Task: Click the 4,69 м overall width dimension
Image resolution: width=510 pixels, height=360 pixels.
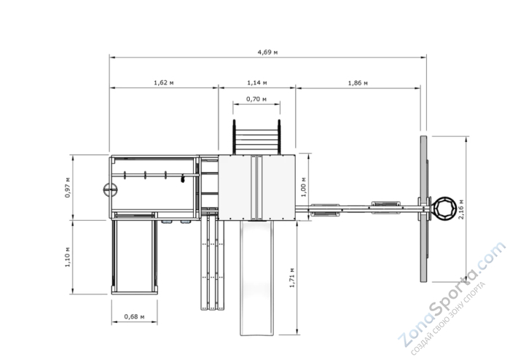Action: point(267,52)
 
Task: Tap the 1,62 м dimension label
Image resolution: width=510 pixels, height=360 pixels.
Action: point(164,82)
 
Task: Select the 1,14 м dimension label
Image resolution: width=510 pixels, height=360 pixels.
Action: point(257,82)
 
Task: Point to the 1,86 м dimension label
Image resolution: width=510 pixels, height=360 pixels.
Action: point(358,83)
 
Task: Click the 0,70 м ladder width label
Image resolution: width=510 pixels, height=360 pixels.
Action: point(256,99)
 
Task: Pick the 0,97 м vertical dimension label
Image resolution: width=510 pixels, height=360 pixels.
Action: point(67,187)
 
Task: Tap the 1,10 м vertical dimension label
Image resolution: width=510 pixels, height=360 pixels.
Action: point(67,257)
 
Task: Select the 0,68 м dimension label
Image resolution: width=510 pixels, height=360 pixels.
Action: point(134,316)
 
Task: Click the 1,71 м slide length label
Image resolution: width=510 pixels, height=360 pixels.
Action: point(291,278)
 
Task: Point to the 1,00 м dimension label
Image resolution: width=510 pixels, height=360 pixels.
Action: point(304,187)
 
